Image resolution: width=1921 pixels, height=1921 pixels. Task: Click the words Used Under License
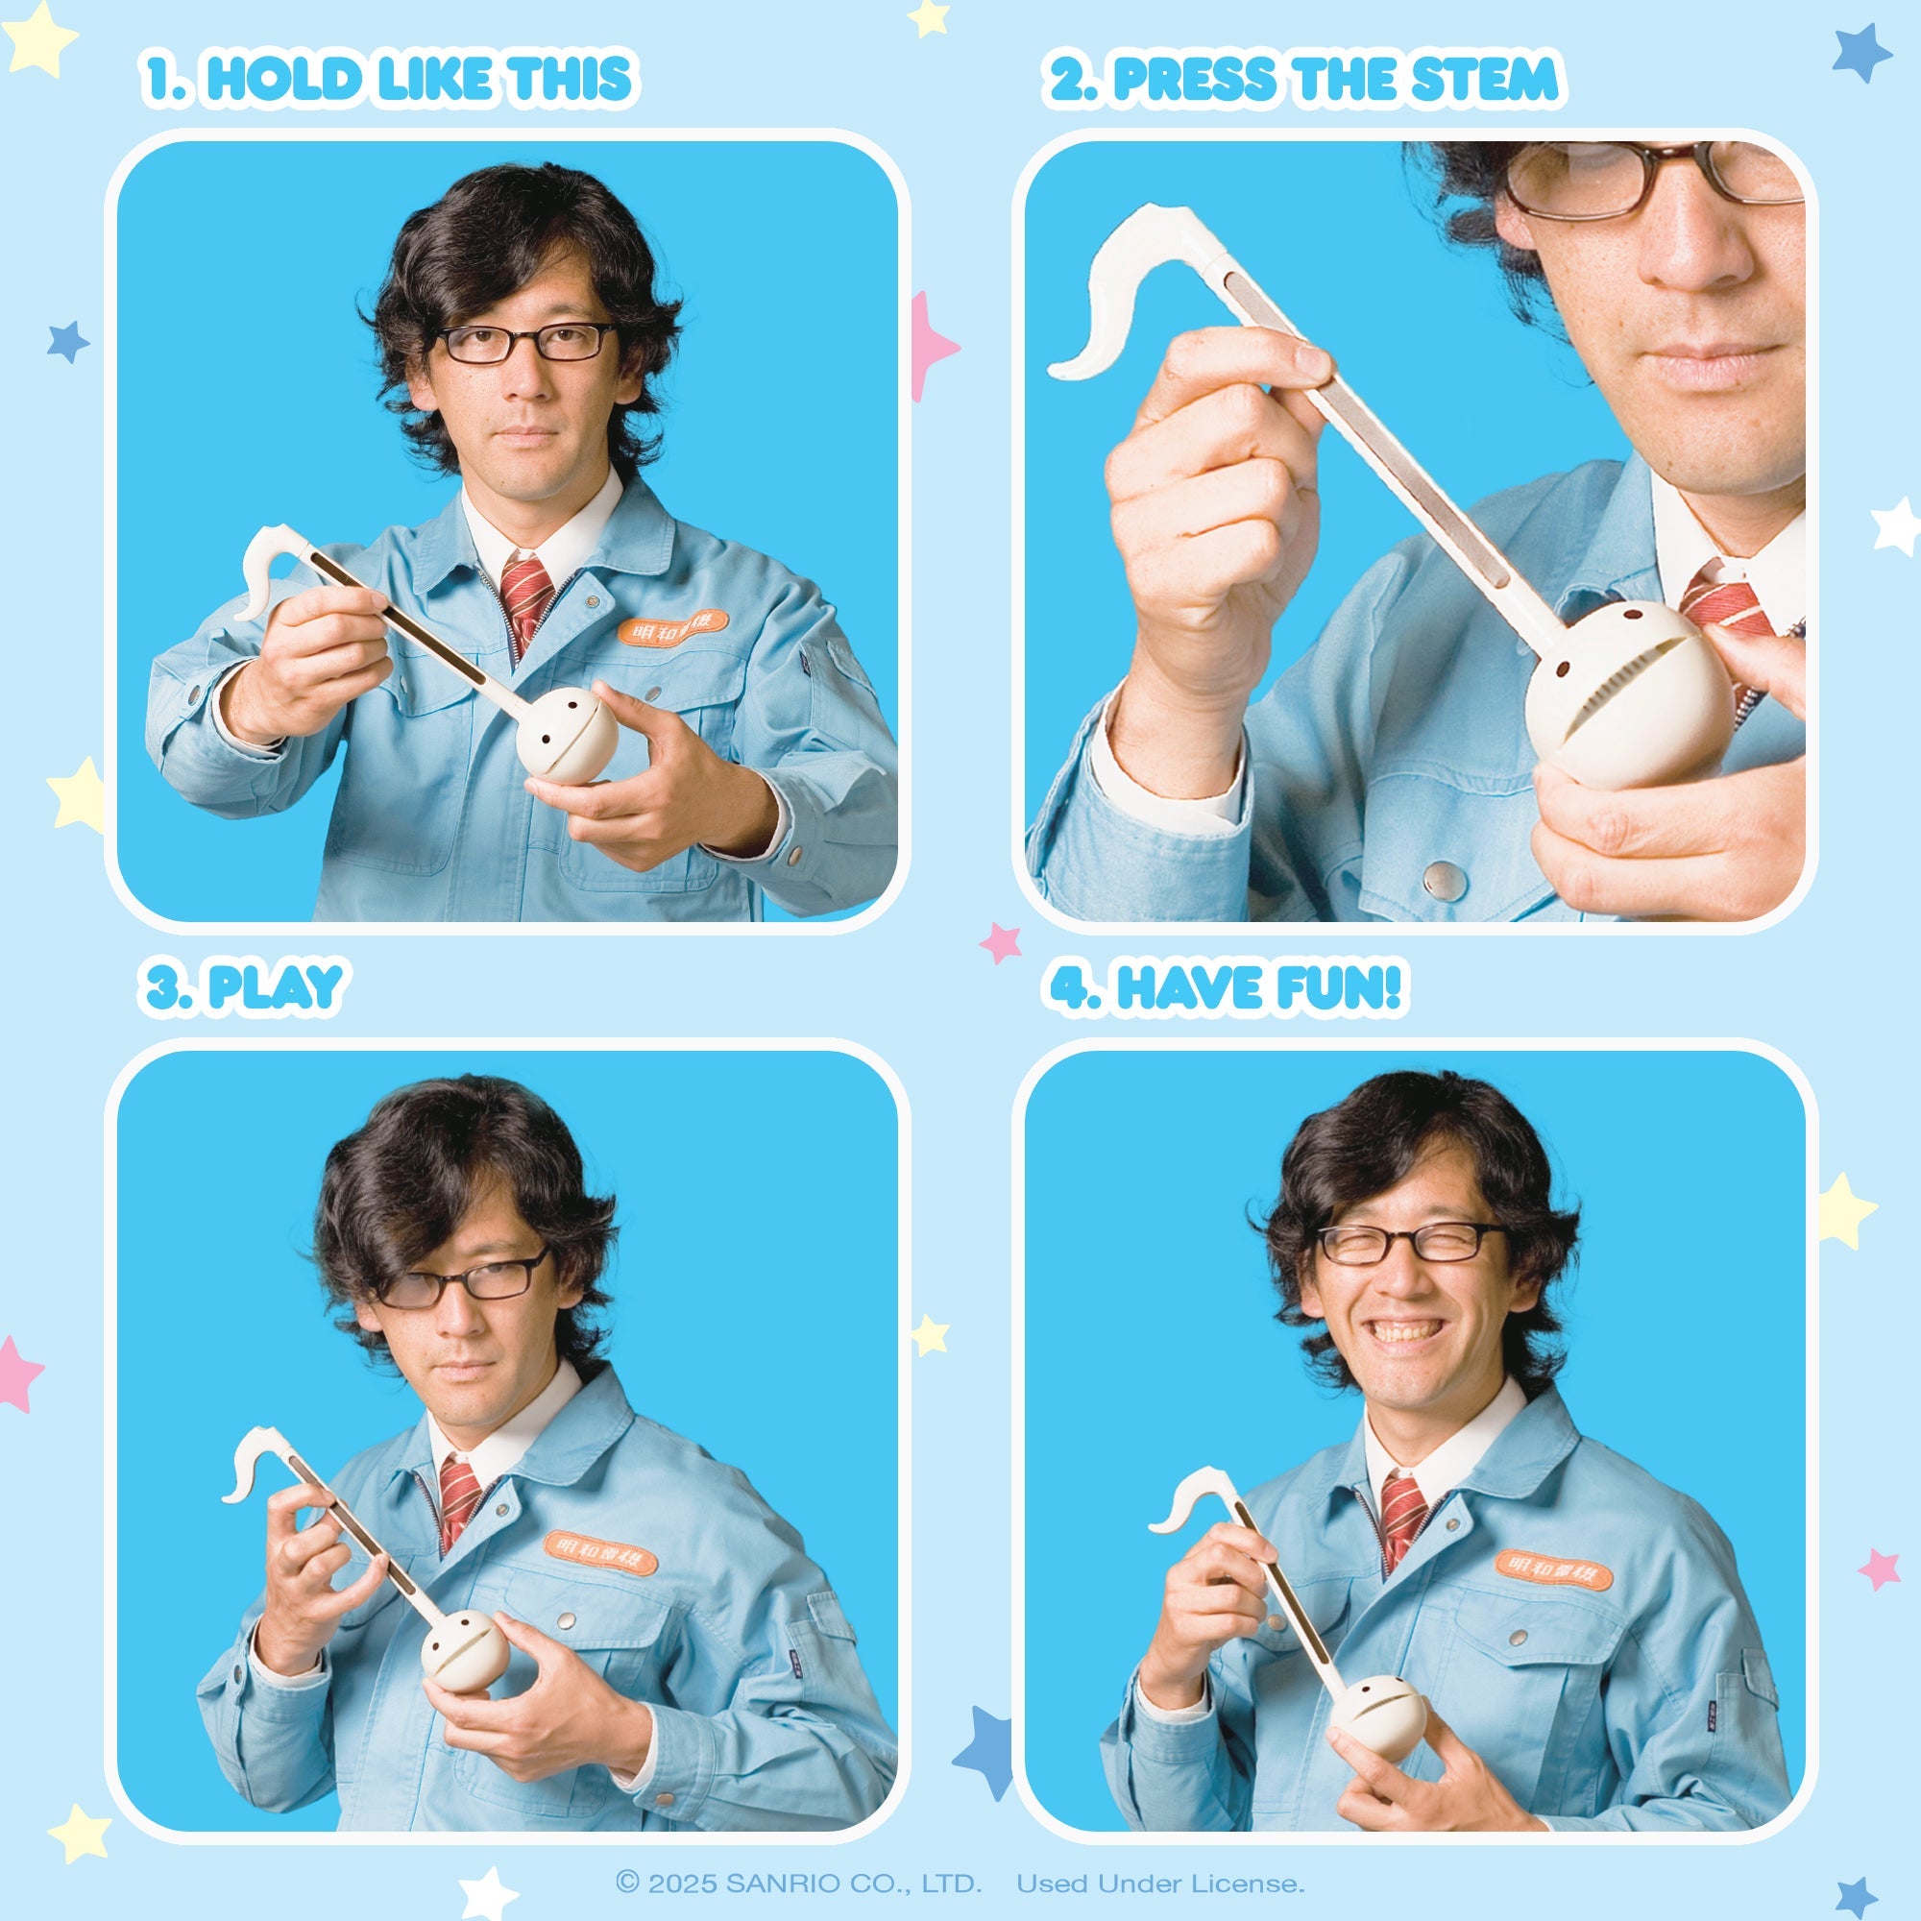1160,1884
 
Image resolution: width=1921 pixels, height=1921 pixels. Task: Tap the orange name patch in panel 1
673,627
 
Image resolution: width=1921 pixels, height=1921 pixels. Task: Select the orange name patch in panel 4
1553,1569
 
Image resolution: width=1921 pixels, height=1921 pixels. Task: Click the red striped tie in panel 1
525,595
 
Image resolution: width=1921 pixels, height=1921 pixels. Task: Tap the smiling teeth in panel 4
1405,1330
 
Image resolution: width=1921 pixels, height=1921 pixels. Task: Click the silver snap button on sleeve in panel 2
1443,878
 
